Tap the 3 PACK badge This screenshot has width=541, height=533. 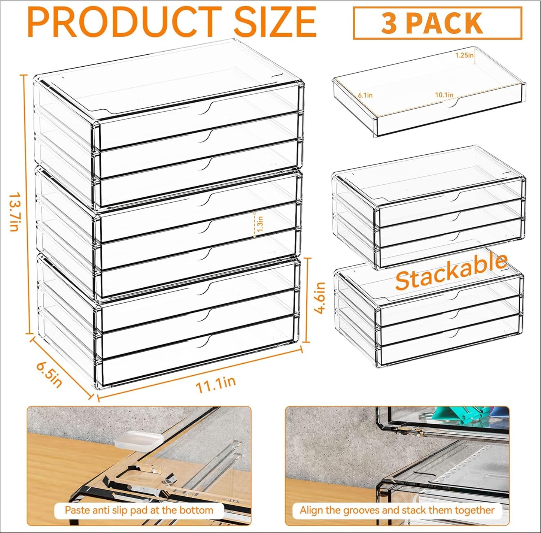[x=437, y=23]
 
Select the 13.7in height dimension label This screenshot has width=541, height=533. [x=14, y=212]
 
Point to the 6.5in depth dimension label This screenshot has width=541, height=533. [x=49, y=375]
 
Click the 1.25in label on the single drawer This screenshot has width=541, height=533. [x=464, y=55]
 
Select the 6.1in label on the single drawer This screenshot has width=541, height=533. [x=365, y=95]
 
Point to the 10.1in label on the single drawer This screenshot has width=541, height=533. [x=444, y=95]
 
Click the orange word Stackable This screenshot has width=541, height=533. [x=451, y=271]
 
